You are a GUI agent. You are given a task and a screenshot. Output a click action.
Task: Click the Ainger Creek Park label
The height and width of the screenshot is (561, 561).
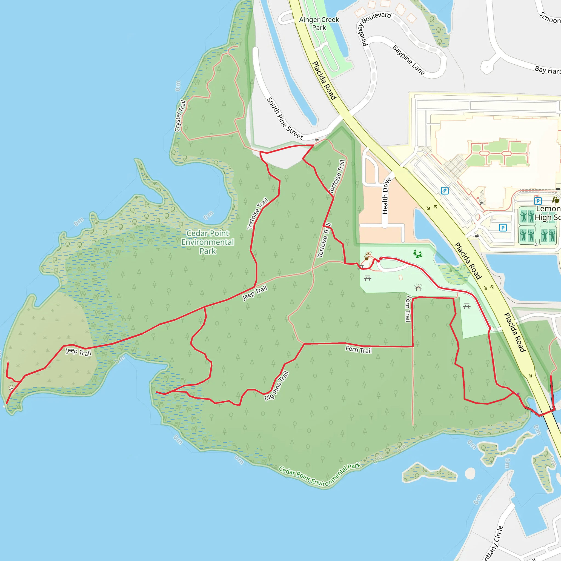click(319, 24)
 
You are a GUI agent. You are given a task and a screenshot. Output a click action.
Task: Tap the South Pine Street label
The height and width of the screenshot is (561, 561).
click(284, 118)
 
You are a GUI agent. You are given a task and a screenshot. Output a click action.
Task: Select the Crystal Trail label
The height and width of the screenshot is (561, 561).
click(180, 116)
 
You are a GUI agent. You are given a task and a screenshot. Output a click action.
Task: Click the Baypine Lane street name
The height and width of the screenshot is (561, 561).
click(408, 60)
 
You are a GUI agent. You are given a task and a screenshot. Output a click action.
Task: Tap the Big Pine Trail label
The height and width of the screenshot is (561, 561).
click(276, 386)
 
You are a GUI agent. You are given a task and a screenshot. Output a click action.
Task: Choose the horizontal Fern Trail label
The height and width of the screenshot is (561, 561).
click(358, 350)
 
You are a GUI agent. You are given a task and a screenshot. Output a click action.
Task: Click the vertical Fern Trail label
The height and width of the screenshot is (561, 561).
click(408, 309)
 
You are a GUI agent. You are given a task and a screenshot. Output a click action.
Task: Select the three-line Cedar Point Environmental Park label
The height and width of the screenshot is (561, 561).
click(208, 242)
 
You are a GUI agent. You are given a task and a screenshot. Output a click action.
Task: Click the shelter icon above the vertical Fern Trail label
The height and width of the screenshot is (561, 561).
click(418, 287)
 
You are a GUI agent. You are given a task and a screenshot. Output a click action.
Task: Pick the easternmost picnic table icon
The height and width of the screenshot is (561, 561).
click(466, 306)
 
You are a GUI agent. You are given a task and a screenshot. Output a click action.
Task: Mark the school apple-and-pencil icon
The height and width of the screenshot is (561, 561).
click(556, 200)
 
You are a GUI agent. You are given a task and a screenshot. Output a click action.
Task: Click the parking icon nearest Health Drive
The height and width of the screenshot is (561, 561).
click(445, 190)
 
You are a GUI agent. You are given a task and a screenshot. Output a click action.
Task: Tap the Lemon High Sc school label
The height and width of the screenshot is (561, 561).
click(548, 213)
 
